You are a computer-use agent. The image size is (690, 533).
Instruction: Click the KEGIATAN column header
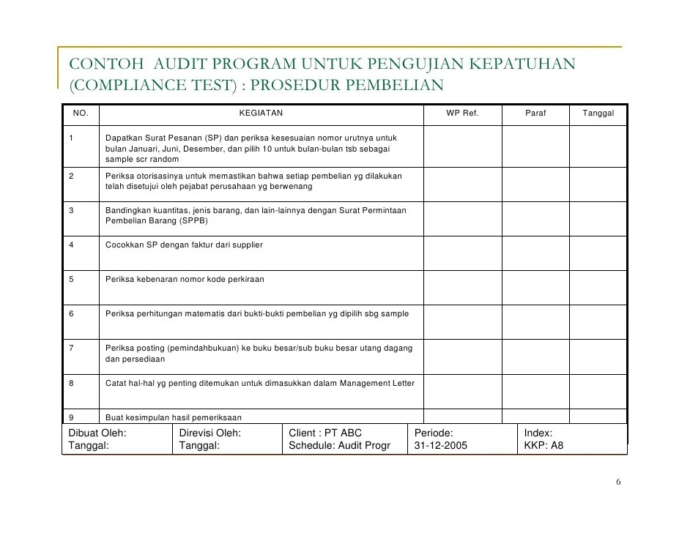261,113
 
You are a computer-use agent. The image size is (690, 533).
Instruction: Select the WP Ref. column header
462,113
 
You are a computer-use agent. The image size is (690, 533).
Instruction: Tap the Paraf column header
535,113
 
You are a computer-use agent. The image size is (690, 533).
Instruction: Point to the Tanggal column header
598,113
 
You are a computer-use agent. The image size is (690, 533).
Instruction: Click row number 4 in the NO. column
71,245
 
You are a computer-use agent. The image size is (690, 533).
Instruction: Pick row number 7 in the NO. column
71,348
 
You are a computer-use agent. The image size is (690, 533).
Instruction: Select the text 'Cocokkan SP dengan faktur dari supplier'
184,245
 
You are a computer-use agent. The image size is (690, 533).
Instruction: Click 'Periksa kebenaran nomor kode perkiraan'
185,280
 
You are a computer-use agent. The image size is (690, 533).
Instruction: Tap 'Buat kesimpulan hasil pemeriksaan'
174,417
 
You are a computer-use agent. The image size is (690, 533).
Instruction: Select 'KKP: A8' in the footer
544,445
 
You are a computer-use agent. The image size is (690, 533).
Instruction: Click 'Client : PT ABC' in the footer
326,433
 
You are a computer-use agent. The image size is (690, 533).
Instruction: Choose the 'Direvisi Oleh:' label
210,433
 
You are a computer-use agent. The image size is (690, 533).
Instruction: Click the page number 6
618,482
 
